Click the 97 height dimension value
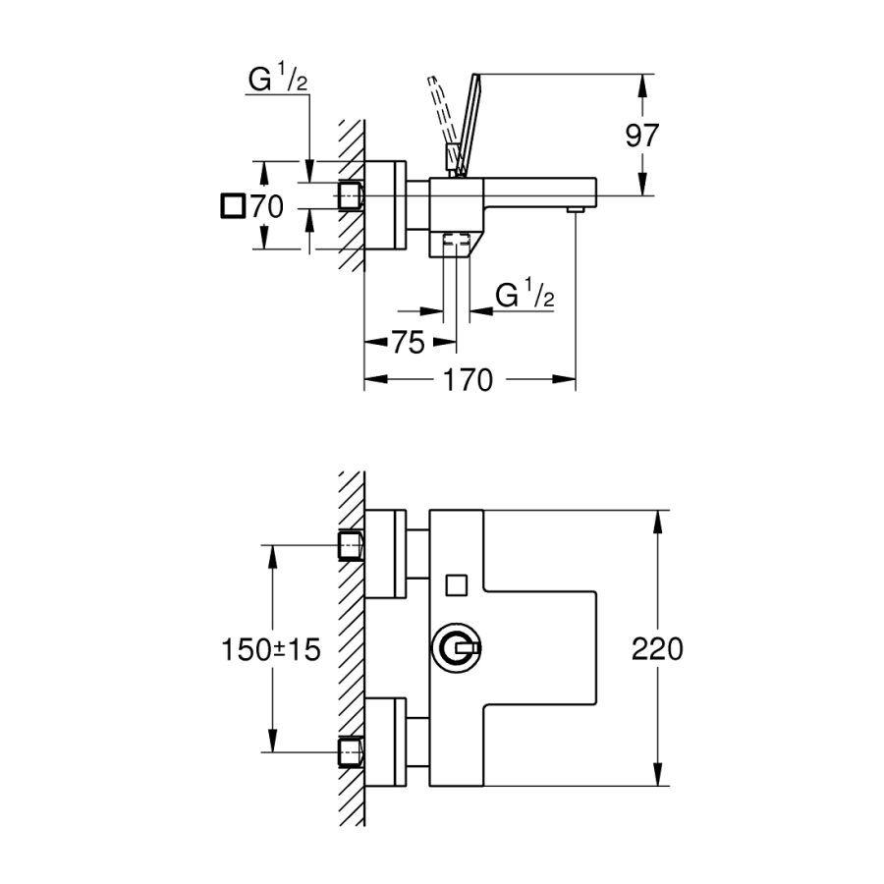643,135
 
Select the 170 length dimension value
469,380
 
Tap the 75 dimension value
408,342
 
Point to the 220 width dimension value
657,648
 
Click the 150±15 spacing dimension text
271,649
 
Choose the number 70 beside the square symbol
267,207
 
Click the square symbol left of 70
233,207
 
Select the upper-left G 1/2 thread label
279,83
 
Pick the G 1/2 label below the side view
525,295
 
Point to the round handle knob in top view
456,648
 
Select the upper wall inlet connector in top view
351,545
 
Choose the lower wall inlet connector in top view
351,752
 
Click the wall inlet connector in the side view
351,195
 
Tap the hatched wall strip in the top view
352,648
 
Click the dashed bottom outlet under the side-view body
455,240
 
